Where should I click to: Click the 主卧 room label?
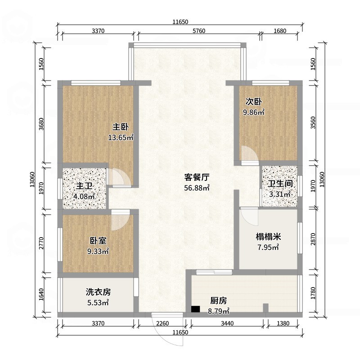[121, 127]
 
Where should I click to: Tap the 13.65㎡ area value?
[121, 138]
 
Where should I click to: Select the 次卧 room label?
[253, 102]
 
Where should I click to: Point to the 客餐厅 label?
[197, 177]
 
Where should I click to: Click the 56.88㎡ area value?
[197, 188]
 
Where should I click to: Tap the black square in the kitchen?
[195, 309]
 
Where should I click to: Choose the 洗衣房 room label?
[98, 292]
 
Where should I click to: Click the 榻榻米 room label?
[268, 237]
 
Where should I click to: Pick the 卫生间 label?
[280, 184]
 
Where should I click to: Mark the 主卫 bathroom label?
[84, 186]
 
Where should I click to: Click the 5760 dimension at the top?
[199, 31]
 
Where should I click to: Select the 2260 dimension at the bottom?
[162, 323]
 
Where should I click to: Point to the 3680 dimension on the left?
[41, 124]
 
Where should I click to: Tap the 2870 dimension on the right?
[313, 239]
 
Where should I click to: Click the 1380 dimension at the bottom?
[283, 323]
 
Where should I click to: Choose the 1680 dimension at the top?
[280, 31]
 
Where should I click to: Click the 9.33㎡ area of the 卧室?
[98, 252]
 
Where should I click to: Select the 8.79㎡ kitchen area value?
[219, 311]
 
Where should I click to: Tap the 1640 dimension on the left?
[41, 295]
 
